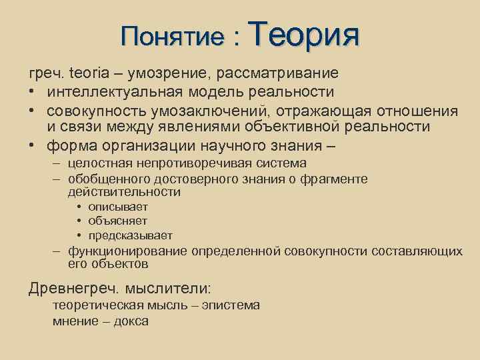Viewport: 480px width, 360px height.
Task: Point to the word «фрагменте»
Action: (x=338, y=179)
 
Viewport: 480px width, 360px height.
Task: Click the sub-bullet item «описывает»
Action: (x=118, y=207)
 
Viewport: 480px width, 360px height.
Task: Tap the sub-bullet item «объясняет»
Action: (x=118, y=221)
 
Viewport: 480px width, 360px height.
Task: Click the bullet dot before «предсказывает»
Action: (x=79, y=236)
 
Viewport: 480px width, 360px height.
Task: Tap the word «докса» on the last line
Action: (x=131, y=321)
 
